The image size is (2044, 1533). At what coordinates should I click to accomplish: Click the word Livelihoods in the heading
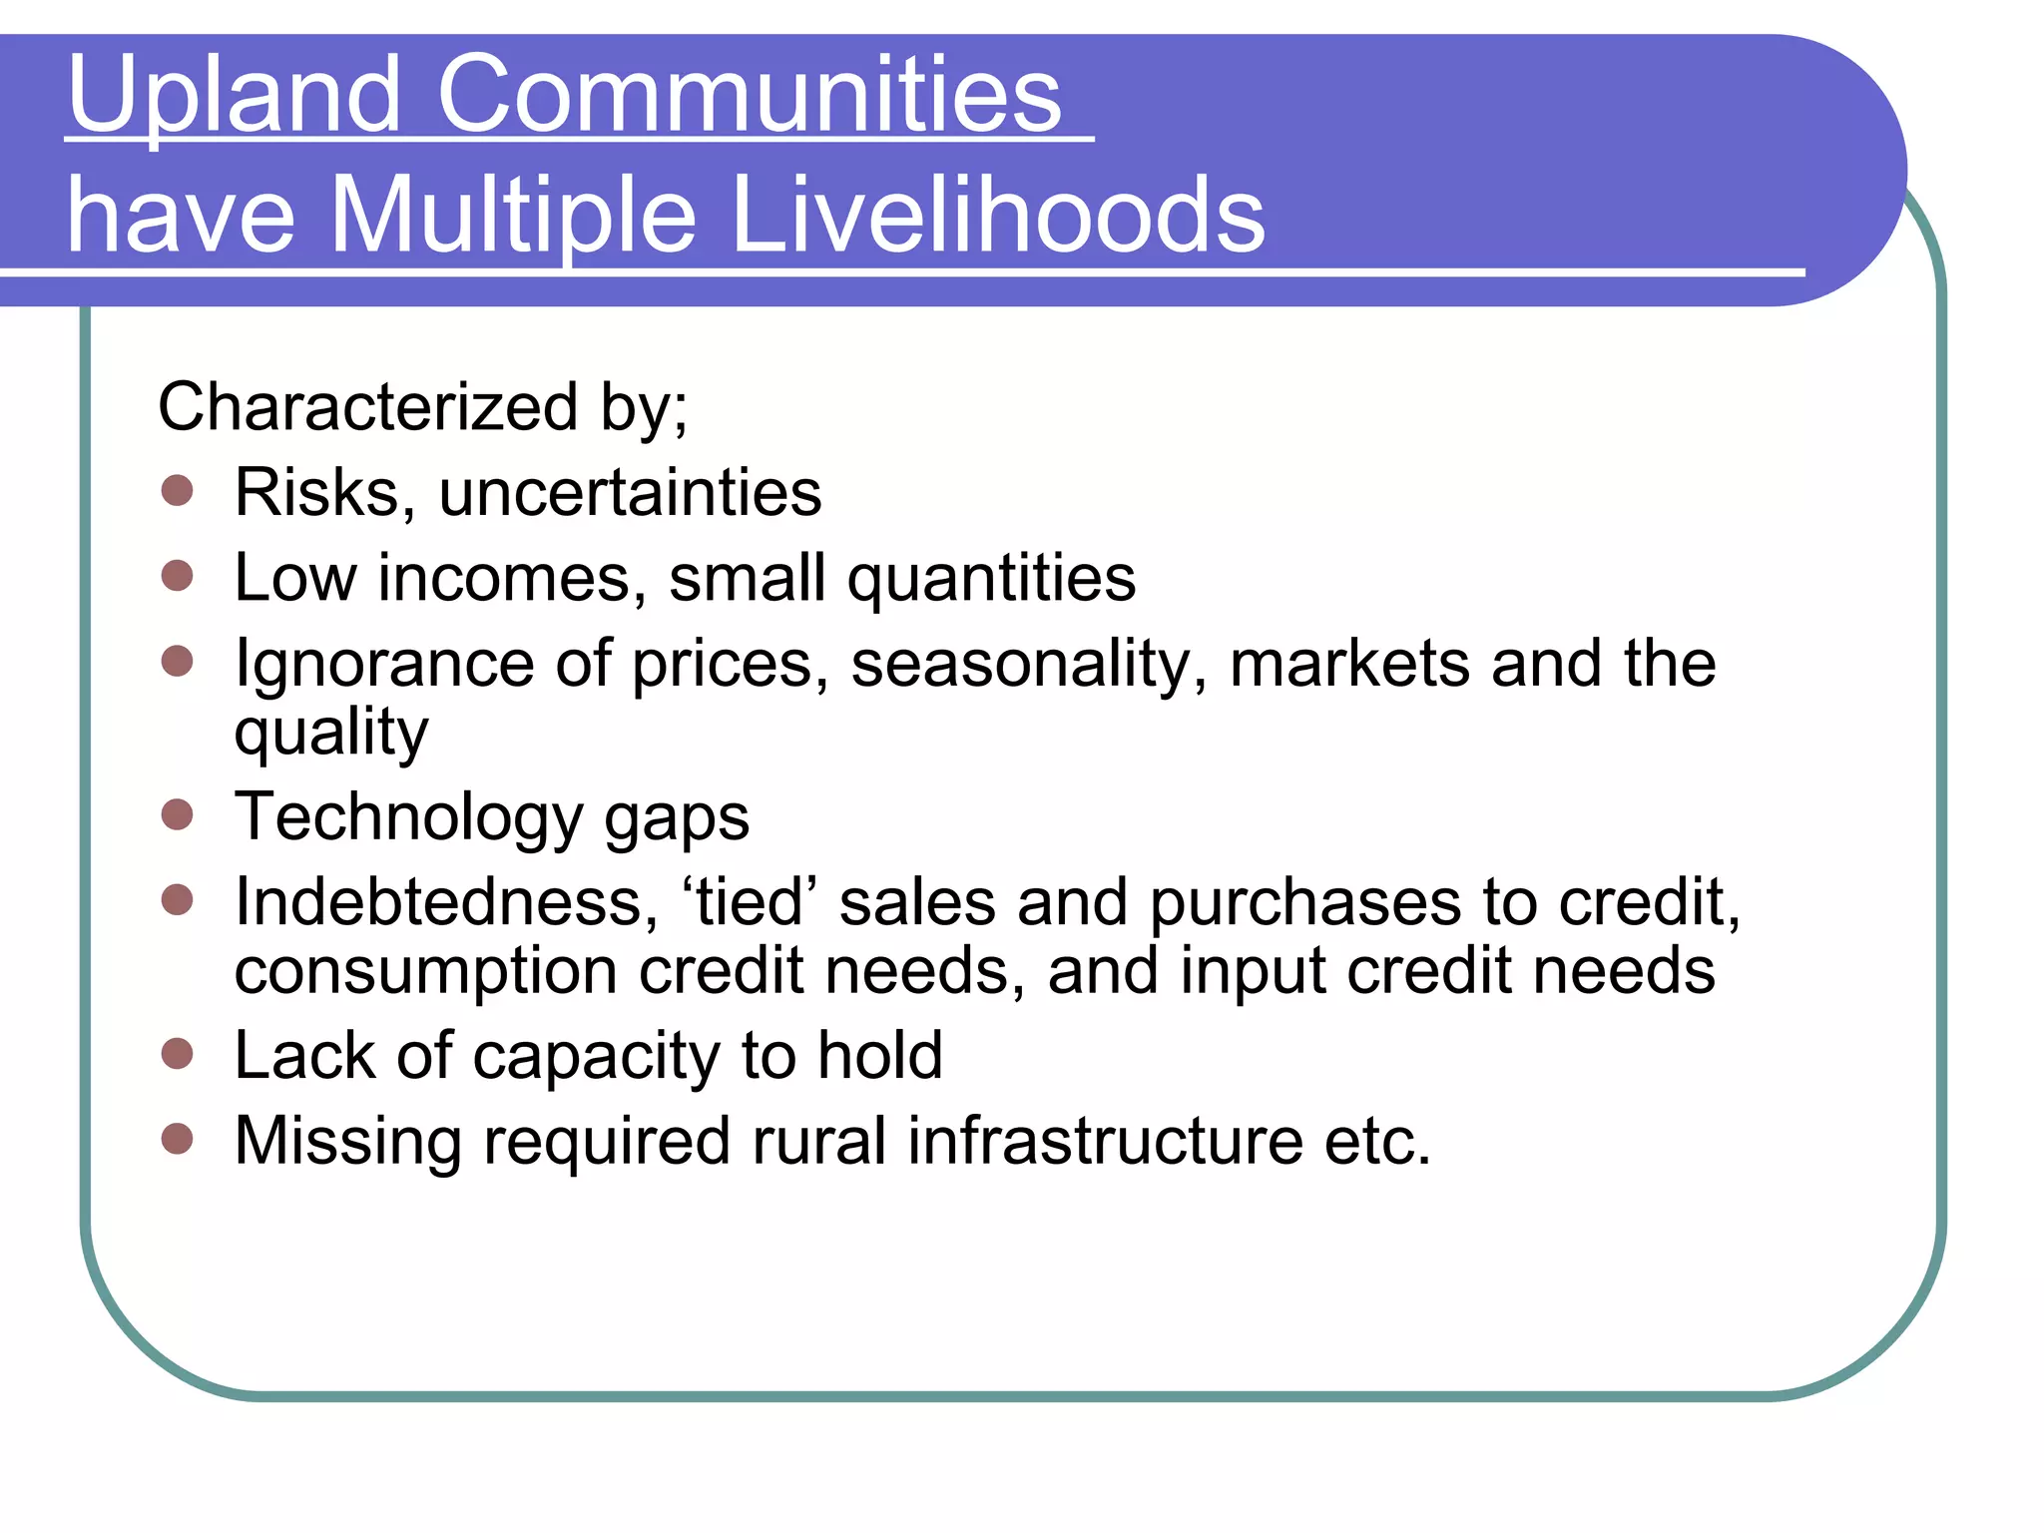[998, 216]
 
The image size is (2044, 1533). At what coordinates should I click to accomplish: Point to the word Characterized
[368, 407]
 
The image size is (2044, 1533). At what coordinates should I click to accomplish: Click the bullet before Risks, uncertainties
[177, 490]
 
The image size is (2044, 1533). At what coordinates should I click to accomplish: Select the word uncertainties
[630, 492]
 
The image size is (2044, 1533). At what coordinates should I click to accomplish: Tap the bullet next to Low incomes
[177, 575]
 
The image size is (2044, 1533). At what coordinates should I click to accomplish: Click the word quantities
[991, 579]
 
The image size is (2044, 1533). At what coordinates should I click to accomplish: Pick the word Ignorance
[384, 664]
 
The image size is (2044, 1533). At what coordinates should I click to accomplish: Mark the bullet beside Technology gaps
[177, 814]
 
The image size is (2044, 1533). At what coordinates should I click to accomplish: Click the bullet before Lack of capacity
[177, 1053]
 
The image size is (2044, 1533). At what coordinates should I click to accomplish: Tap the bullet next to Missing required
[177, 1138]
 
